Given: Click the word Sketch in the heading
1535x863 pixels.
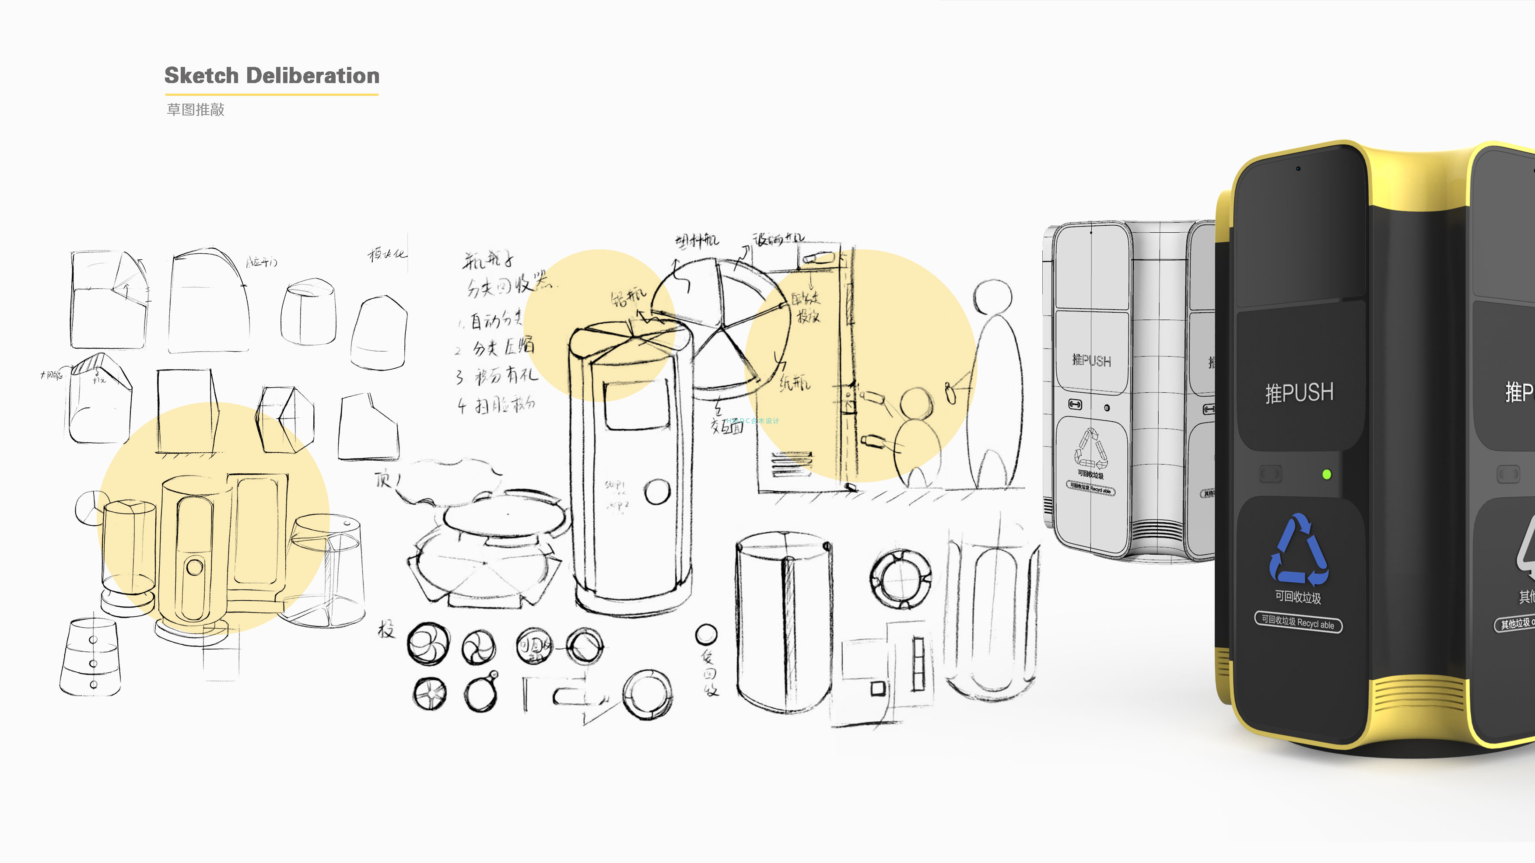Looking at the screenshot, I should pyautogui.click(x=201, y=76).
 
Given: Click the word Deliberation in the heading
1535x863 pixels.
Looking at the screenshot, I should pyautogui.click(x=312, y=76).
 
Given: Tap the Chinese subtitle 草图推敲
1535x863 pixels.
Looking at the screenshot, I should pyautogui.click(x=196, y=110).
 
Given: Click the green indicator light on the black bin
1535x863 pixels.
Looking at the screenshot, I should pyautogui.click(x=1326, y=475).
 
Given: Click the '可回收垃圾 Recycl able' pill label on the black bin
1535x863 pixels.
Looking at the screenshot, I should pyautogui.click(x=1298, y=623).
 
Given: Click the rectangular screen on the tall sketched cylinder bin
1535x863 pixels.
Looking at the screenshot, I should pyautogui.click(x=636, y=405).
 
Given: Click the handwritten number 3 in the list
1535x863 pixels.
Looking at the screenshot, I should pyautogui.click(x=459, y=377).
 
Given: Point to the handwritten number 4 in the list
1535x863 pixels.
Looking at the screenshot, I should pyautogui.click(x=462, y=406).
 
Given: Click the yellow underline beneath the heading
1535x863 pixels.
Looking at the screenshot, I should pyautogui.click(x=272, y=94).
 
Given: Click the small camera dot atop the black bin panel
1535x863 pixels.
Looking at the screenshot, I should pyautogui.click(x=1298, y=168).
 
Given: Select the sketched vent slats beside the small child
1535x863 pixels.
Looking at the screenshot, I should pyautogui.click(x=791, y=465).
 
